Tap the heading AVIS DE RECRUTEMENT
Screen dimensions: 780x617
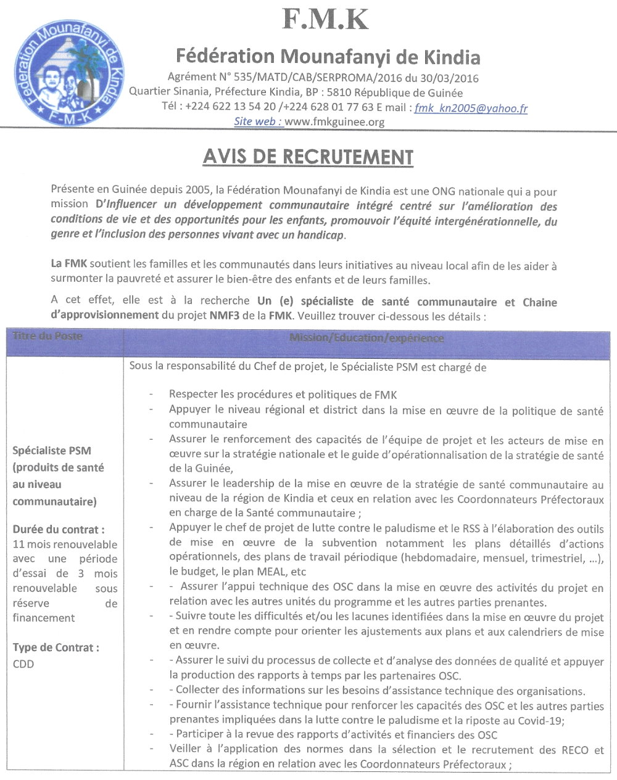pyautogui.click(x=308, y=157)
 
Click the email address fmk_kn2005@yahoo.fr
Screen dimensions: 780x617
pyautogui.click(x=471, y=109)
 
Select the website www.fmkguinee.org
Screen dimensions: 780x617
pyautogui.click(x=335, y=122)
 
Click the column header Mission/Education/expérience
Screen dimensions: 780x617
pyautogui.click(x=366, y=339)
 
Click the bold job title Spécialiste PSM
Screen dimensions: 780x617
pyautogui.click(x=52, y=451)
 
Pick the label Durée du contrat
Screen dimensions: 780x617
pyautogui.click(x=59, y=528)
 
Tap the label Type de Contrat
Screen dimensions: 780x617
pyautogui.click(x=56, y=647)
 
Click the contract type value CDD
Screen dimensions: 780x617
pyautogui.click(x=23, y=664)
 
